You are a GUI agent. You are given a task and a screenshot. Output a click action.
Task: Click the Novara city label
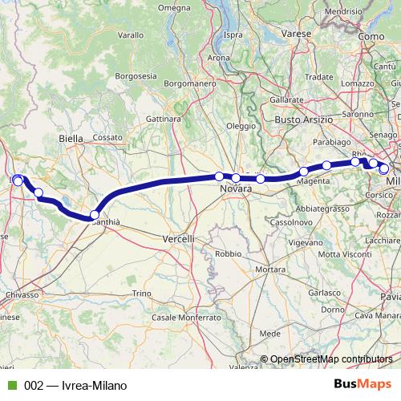pyautogui.click(x=237, y=188)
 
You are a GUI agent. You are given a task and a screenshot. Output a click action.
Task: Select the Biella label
pyautogui.click(x=71, y=139)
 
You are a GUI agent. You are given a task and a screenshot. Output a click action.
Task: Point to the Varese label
pyautogui.click(x=297, y=34)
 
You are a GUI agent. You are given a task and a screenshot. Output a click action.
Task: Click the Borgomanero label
pyautogui.click(x=185, y=83)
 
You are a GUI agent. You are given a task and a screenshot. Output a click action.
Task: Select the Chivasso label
pyautogui.click(x=22, y=295)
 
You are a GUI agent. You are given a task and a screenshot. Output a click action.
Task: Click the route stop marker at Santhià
pyautogui.click(x=95, y=215)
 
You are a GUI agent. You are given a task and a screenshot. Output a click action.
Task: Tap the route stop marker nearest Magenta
pyautogui.click(x=303, y=172)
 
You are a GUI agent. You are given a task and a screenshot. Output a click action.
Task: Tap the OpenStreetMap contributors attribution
pyautogui.click(x=331, y=359)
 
